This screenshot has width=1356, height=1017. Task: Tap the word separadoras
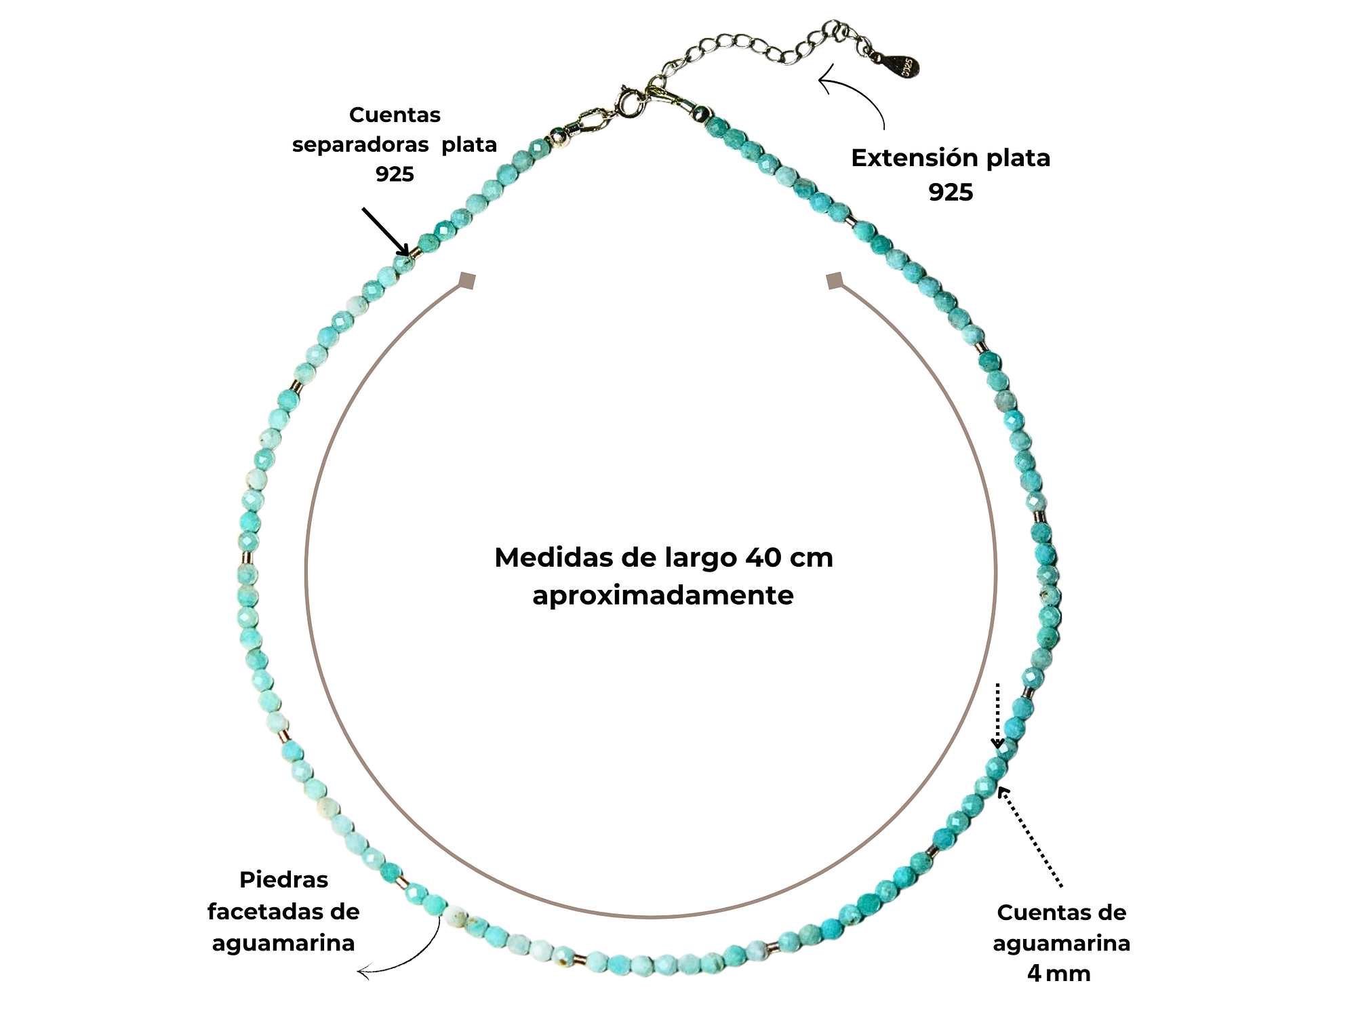click(360, 144)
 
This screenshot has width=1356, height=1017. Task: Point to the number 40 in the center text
click(763, 558)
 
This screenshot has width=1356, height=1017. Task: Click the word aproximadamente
click(662, 595)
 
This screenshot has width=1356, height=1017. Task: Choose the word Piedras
click(283, 880)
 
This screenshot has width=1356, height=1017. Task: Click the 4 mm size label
click(1058, 974)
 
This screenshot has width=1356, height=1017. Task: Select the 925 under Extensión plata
click(951, 193)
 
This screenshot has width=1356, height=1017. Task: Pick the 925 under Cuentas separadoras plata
click(395, 174)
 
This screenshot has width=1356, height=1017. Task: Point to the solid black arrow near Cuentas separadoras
click(385, 231)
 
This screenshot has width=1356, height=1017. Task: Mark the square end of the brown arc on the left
click(467, 280)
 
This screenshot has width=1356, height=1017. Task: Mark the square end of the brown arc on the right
click(835, 280)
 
